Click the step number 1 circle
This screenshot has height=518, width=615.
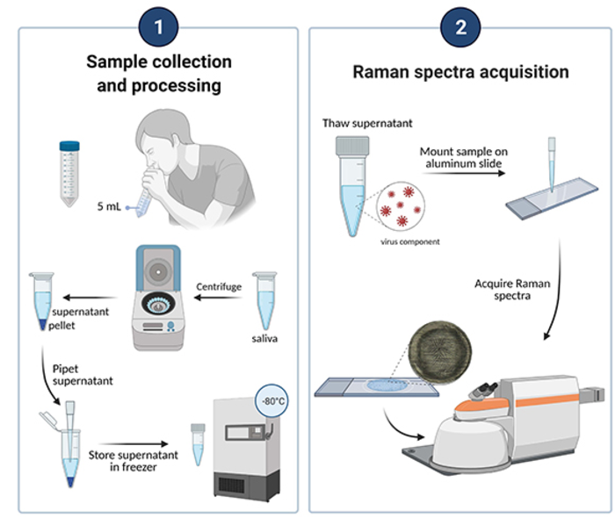[159, 26]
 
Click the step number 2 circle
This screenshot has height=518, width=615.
[460, 26]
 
